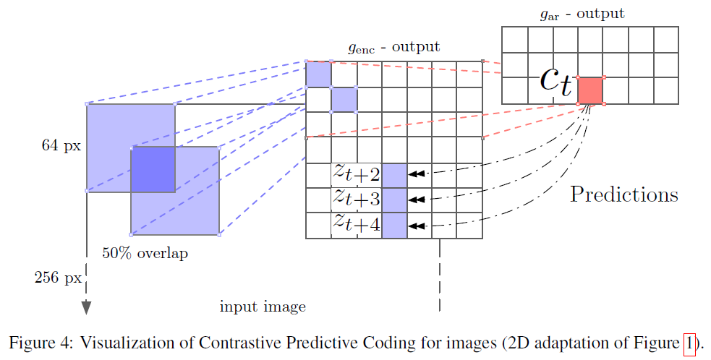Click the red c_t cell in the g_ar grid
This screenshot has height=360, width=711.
[590, 90]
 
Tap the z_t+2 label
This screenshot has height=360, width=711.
[357, 173]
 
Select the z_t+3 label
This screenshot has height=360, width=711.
[357, 197]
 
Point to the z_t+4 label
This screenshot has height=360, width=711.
[357, 222]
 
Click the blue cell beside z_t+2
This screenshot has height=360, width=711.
[394, 175]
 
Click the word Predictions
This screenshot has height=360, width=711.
[624, 194]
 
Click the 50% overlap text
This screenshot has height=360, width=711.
[145, 253]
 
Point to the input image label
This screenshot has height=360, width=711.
[263, 307]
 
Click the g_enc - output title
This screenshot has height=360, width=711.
[394, 47]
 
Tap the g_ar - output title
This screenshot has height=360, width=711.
[582, 14]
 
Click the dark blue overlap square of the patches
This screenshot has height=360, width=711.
[153, 170]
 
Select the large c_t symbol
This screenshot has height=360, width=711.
[556, 82]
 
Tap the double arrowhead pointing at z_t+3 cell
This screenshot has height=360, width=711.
[417, 199]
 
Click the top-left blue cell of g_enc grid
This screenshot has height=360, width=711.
[318, 74]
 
